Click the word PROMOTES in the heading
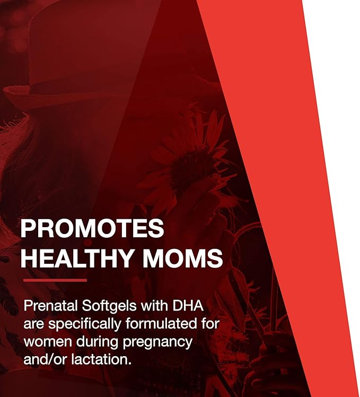point(92,229)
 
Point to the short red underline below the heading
point(55,280)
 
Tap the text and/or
point(45,359)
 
